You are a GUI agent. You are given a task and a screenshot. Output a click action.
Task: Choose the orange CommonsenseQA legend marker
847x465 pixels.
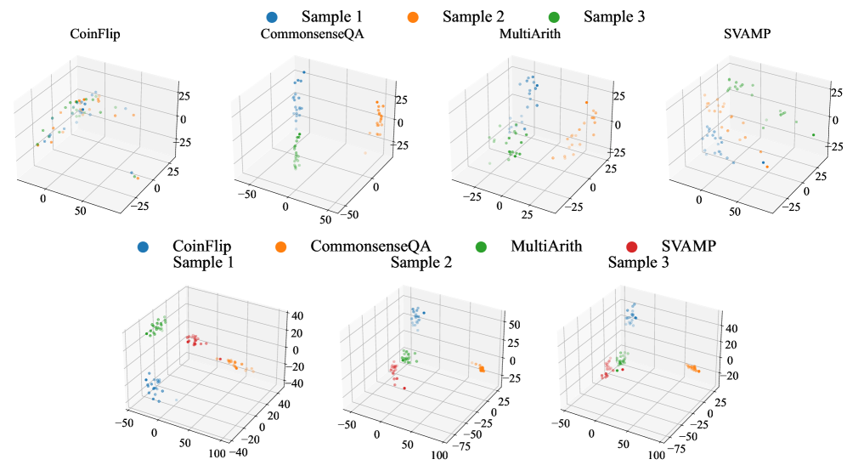[281, 247]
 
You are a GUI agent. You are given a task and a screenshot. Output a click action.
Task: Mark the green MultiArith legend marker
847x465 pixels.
[481, 247]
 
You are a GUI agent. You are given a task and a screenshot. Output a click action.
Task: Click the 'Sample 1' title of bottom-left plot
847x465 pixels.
[203, 263]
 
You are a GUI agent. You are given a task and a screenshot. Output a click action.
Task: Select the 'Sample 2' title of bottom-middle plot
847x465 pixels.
[421, 263]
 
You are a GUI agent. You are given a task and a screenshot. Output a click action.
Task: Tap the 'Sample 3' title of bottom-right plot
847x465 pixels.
[638, 263]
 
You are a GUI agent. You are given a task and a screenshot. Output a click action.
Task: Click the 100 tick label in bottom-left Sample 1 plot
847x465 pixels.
[216, 455]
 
